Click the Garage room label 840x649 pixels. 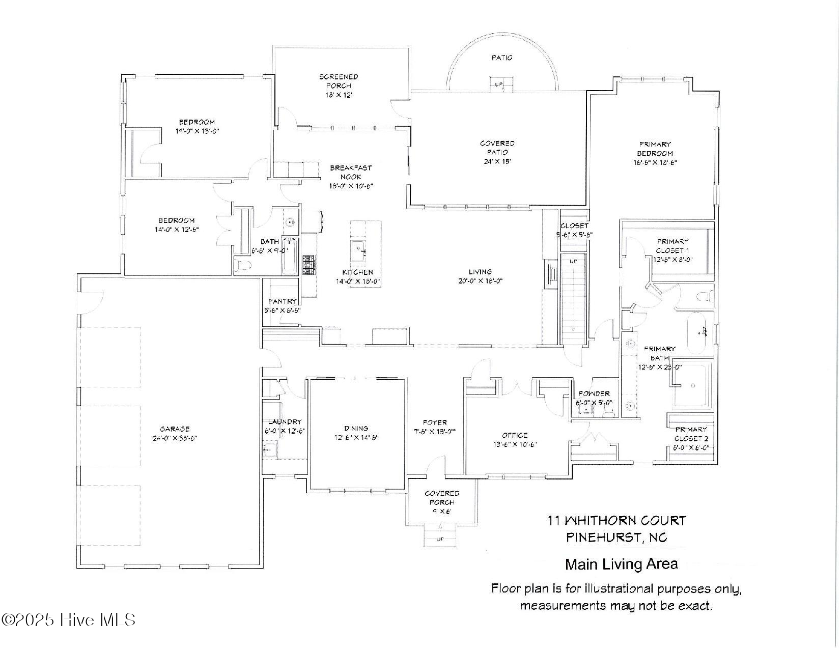pos(174,429)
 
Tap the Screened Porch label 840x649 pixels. pos(339,81)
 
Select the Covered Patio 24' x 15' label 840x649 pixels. pos(497,152)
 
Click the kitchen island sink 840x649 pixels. pos(360,250)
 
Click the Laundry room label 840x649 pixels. pos(285,421)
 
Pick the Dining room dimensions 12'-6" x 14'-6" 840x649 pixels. pos(356,437)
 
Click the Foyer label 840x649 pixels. pos(435,422)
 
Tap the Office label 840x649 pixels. pos(515,435)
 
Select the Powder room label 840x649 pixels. pos(594,393)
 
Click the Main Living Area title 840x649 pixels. pos(621,564)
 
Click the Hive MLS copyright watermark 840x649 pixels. pos(69,619)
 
